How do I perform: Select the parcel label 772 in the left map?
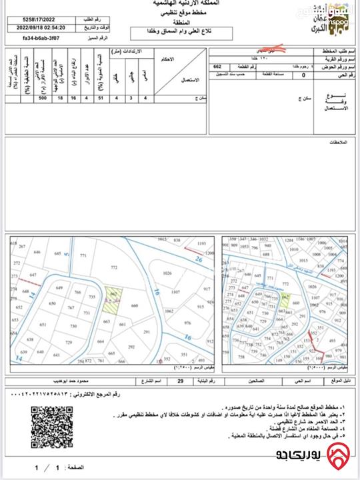(114, 267)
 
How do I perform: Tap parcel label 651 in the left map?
(43, 325)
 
